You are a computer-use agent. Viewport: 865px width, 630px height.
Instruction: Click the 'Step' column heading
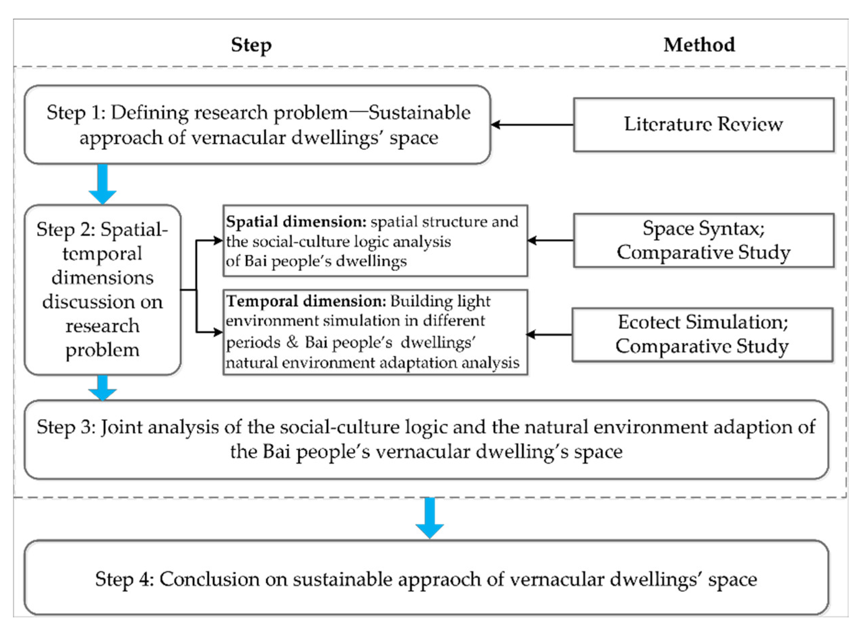[251, 45]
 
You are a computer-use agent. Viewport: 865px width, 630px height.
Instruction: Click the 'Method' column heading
[699, 45]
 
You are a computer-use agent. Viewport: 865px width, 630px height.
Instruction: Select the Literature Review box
[703, 125]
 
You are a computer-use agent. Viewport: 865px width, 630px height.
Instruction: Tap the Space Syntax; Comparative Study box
[703, 240]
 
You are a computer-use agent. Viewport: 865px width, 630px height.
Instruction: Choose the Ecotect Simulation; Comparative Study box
[702, 335]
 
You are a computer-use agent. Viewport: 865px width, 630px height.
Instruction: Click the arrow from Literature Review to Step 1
[532, 125]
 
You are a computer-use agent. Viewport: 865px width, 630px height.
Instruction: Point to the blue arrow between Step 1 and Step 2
[103, 184]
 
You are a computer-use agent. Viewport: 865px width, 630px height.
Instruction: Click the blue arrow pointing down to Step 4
[430, 518]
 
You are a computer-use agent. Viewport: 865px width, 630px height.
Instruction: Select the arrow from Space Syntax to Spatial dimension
[550, 240]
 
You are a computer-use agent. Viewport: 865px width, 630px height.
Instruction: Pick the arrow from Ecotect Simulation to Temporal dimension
[549, 335]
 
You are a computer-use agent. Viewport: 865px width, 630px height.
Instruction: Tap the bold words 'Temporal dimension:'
[306, 301]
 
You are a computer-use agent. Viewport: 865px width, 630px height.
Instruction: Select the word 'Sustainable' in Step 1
[419, 113]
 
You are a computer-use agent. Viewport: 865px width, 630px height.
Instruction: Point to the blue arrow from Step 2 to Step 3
[102, 388]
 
